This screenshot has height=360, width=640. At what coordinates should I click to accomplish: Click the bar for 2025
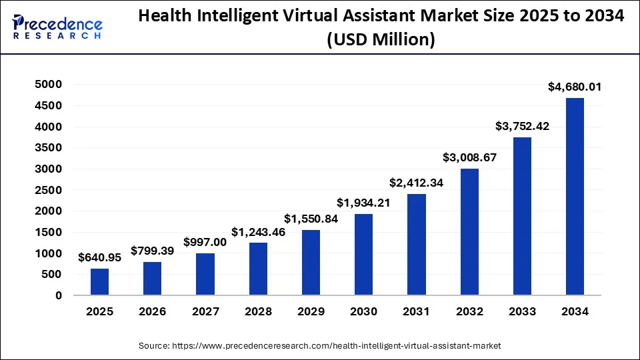100,281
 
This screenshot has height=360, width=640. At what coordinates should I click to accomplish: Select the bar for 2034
575,197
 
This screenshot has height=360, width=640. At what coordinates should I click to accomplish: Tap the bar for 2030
363,254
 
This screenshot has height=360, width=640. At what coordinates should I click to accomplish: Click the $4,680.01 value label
575,87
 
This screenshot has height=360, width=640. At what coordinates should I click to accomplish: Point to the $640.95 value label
100,257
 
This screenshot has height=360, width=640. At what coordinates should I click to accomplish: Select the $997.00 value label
205,242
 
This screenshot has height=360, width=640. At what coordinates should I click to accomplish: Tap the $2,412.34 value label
417,182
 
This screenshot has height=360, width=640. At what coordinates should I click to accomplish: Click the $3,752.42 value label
522,125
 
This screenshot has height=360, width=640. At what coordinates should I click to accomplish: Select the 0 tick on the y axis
59,295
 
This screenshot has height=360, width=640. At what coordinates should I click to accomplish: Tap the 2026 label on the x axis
153,312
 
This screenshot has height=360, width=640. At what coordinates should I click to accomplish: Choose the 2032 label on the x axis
469,312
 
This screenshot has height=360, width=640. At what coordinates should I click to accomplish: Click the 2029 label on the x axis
311,312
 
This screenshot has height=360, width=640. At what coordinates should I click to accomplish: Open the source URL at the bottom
319,346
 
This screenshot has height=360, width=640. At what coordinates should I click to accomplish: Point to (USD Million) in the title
381,41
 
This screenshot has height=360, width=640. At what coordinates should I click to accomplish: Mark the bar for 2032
469,232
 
